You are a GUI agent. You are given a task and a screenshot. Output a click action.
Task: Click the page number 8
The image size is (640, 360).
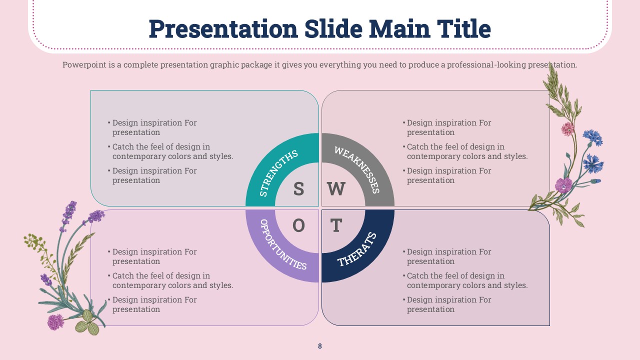(x=319, y=346)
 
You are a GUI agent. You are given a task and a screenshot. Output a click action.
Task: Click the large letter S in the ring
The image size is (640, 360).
(x=298, y=188)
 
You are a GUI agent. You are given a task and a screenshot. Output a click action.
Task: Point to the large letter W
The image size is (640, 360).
(x=336, y=188)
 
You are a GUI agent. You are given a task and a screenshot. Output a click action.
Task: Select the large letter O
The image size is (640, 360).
(x=298, y=225)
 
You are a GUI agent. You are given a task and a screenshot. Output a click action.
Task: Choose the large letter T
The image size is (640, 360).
(x=336, y=225)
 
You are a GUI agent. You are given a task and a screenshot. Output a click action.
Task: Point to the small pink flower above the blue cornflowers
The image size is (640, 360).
(x=567, y=129)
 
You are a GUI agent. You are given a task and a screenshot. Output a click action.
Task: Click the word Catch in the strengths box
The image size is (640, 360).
(x=123, y=147)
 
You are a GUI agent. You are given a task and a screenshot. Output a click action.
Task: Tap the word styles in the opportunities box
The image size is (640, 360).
(x=221, y=285)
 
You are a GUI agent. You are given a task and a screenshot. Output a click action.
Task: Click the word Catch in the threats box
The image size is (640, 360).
(x=417, y=276)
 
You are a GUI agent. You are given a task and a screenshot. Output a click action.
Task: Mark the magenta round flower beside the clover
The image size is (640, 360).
(x=55, y=322)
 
